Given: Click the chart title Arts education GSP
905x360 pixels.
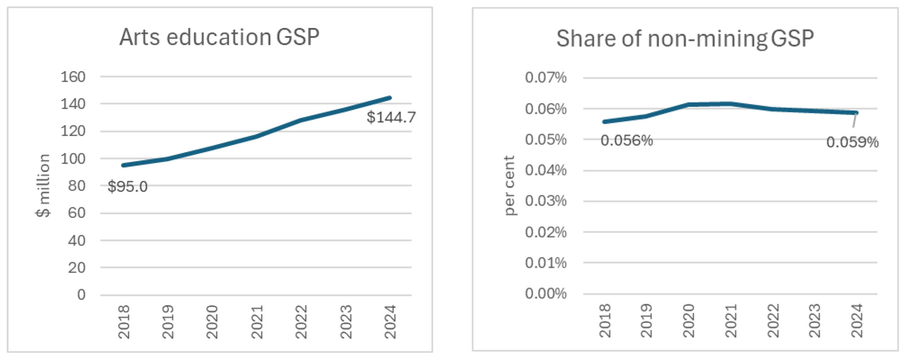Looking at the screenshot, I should (220, 37).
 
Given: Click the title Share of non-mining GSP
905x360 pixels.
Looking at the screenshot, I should (685, 39).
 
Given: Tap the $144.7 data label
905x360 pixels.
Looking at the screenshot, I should (391, 117).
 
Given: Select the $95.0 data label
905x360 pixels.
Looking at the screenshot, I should (127, 186).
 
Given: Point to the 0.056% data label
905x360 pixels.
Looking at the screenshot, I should (626, 141).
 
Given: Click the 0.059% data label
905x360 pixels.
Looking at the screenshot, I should (852, 142).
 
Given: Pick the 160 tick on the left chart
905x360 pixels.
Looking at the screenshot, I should (73, 77).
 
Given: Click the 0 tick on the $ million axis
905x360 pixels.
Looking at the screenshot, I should (81, 295).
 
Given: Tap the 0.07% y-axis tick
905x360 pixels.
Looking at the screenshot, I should (546, 77).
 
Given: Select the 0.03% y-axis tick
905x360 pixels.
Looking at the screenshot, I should (546, 201).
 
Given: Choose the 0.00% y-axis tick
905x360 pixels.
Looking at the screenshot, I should (546, 293).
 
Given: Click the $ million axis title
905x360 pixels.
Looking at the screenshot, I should (43, 185).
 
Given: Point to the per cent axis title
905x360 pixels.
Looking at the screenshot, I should (509, 185).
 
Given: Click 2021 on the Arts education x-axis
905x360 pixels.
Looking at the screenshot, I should (257, 321).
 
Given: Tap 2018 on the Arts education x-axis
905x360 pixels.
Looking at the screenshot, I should (124, 321).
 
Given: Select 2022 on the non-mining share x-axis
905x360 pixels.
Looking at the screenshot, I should (773, 320).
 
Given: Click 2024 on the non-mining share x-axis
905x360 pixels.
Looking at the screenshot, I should (856, 320).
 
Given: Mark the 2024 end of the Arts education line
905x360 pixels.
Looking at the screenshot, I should (390, 98).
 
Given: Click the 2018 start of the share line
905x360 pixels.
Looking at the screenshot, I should (604, 121).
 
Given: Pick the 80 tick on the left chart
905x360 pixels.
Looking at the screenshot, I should (76, 185).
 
